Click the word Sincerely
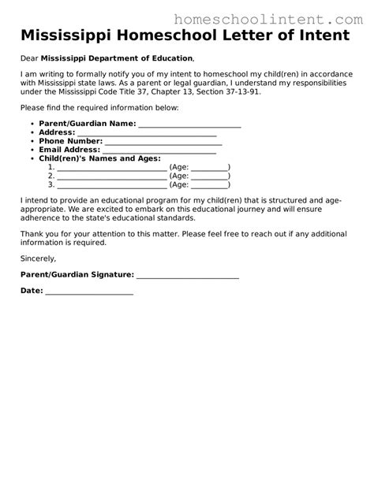click(39, 258)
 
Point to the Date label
click(32, 291)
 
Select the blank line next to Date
click(89, 292)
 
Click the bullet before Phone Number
click(30, 141)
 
